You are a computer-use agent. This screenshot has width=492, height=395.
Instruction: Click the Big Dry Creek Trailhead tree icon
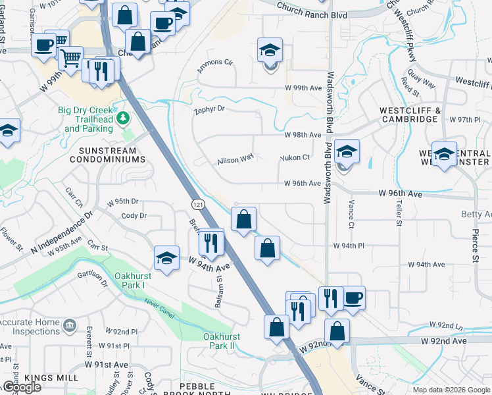[x=122, y=118]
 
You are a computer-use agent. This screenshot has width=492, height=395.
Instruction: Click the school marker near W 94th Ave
[x=167, y=257]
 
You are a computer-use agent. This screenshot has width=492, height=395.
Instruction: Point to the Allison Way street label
[x=235, y=159]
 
